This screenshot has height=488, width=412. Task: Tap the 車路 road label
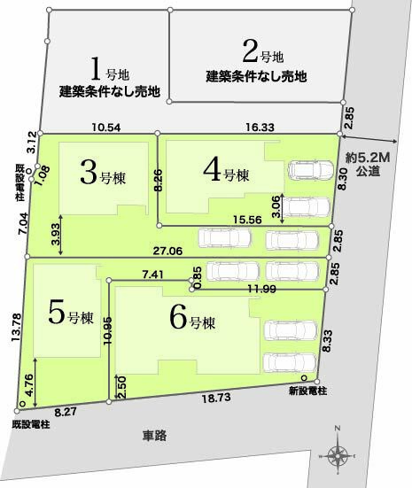coord(153,435)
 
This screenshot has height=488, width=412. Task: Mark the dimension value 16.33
coord(260,128)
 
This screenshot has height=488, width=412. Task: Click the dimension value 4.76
coord(29,382)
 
